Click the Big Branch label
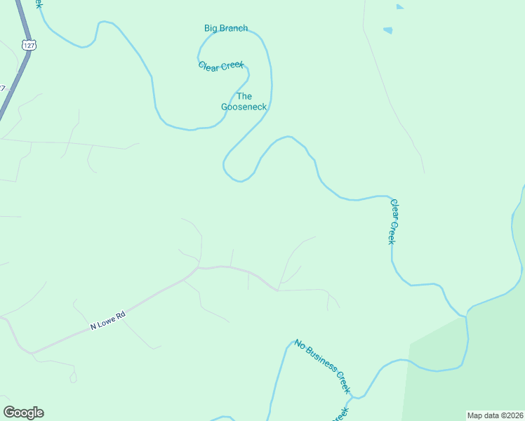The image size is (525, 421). tap(225, 28)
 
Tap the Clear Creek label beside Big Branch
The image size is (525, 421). tap(221, 66)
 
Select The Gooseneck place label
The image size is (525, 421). tap(244, 102)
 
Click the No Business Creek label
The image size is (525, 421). tap(322, 366)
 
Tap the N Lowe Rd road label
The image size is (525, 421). tap(107, 322)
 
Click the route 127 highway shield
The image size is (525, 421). tap(28, 44)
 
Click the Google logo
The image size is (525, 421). tap(23, 413)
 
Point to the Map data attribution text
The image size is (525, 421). tap(495, 415)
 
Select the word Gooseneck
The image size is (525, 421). tap(244, 107)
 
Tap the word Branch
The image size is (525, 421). tap(235, 28)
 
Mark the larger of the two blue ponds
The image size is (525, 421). tap(387, 30)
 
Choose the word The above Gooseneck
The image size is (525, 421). tap(244, 96)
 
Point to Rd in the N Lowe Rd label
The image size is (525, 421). tap(120, 316)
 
